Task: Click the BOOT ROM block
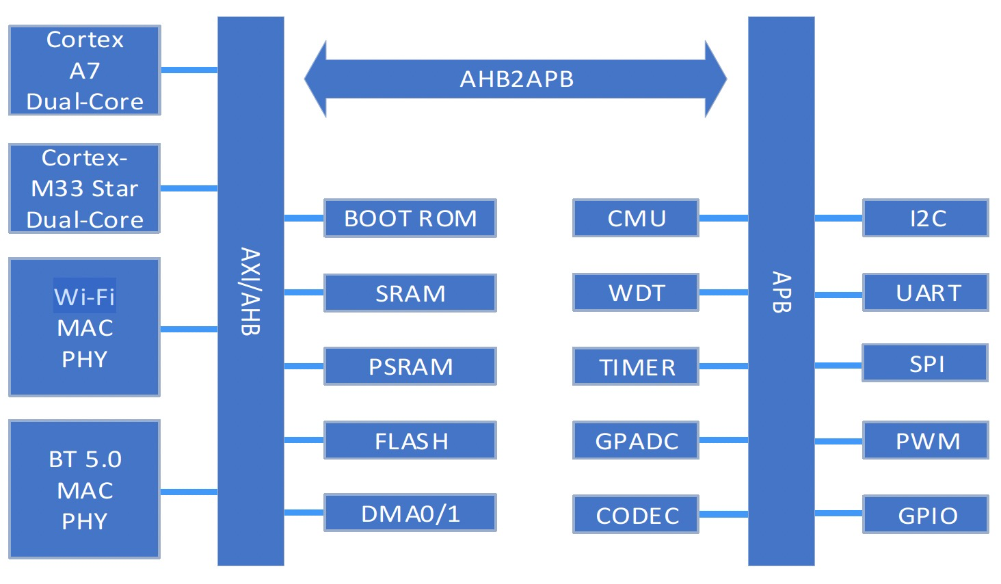point(410,218)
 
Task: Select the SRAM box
point(410,293)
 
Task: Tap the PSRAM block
point(410,367)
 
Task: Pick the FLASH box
point(410,440)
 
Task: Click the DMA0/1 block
point(410,513)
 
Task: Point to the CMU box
point(635,218)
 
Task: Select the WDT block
point(635,293)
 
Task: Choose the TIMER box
point(635,367)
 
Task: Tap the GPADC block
point(635,440)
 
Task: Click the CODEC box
point(635,515)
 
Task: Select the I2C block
point(926,218)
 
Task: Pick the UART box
point(926,293)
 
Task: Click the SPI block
point(926,363)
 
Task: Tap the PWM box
point(926,440)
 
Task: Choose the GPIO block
point(926,515)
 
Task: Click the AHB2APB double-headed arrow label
point(516,79)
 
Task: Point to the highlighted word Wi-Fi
point(85,296)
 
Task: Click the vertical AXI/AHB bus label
point(250,291)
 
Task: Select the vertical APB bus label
point(781,292)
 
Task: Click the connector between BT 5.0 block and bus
point(189,492)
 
